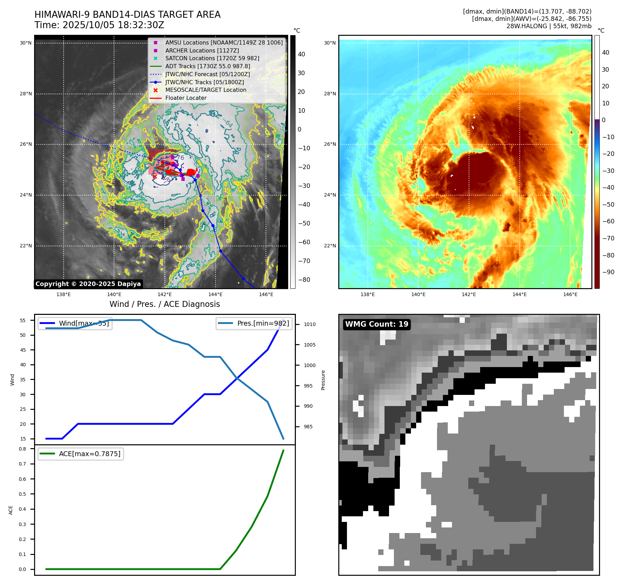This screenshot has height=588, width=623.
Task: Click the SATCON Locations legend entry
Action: (212, 58)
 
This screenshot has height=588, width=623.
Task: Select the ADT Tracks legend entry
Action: (208, 66)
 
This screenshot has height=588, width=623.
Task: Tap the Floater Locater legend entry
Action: (186, 98)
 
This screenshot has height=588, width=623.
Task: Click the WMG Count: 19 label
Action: (377, 324)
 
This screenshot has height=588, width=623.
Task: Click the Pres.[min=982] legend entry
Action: (254, 324)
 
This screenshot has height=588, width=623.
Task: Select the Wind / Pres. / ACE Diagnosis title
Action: (164, 304)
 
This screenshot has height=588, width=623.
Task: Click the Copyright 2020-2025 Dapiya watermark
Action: (88, 284)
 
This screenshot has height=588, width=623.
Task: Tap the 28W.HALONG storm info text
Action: (549, 26)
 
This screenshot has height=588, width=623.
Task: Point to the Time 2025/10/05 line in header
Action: (99, 25)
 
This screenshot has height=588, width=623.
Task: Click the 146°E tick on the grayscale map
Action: (266, 295)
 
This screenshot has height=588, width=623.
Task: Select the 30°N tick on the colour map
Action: (330, 43)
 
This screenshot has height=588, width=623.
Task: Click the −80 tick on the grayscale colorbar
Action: (304, 280)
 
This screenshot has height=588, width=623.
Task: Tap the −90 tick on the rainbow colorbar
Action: (608, 272)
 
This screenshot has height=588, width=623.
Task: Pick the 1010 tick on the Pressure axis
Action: (309, 325)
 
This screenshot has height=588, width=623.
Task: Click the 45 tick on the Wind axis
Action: (23, 350)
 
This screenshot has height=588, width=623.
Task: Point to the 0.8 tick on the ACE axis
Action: (23, 449)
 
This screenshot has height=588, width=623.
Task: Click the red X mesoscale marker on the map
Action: (155, 177)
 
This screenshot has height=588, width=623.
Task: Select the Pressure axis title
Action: (323, 380)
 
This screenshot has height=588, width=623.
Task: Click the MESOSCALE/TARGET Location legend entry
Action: (205, 90)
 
